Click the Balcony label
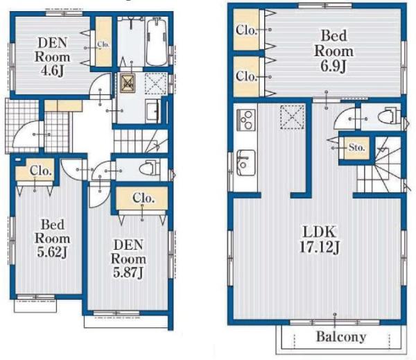point(341,337)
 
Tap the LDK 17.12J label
point(320,240)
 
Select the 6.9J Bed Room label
point(333,51)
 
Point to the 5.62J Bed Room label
point(52,239)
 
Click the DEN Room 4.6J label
point(52,57)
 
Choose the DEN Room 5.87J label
point(128,259)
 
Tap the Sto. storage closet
point(356,148)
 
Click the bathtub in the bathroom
point(157,42)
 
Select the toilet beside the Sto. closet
point(390,115)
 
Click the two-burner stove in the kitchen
point(246,120)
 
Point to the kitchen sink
point(246,162)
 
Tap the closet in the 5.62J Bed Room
point(35,170)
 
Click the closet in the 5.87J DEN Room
point(142,198)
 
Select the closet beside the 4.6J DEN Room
point(103,42)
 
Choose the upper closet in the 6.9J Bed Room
point(246,30)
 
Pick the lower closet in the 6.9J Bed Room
point(246,76)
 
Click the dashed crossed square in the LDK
point(293,117)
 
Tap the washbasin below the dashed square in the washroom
point(153,111)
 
